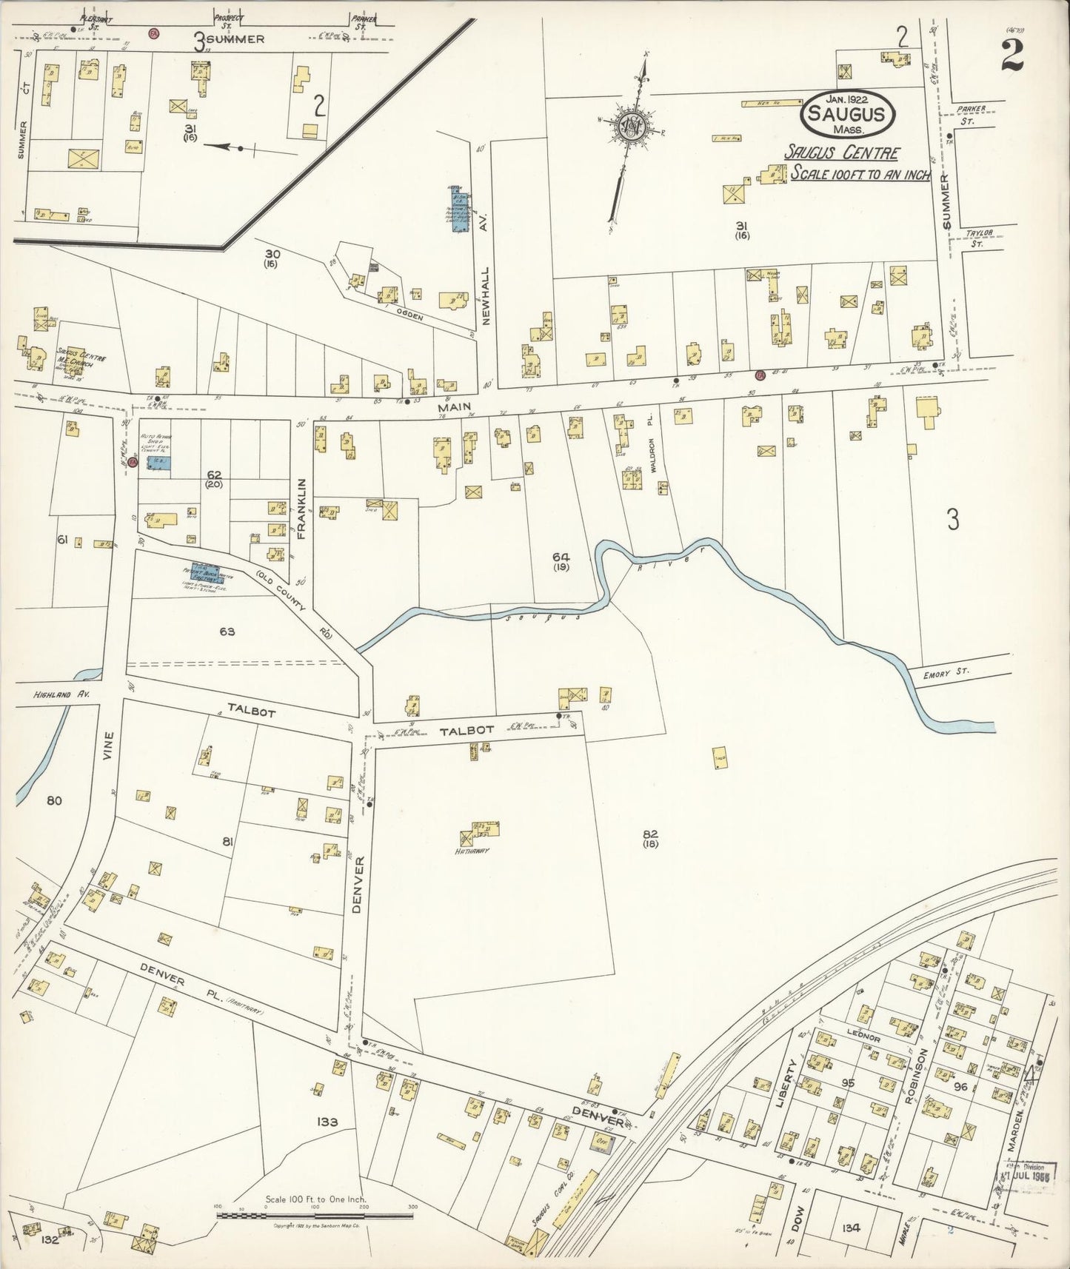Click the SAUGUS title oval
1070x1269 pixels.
coord(848,114)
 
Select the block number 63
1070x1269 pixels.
coord(227,631)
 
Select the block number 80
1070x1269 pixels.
coord(53,800)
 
